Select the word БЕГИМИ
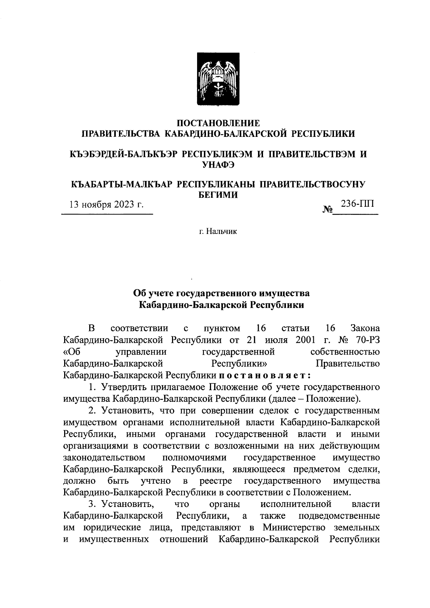218,195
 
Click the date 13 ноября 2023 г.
106,205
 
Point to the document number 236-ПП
357,204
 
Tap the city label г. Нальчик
218,231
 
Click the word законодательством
104,458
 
